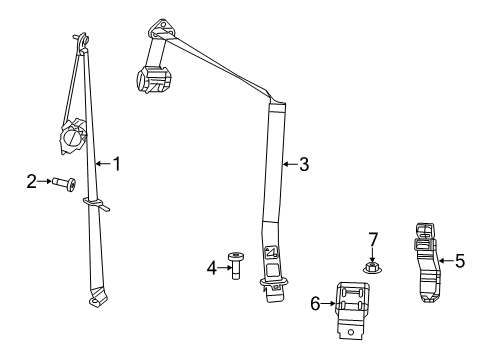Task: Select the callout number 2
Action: tap(32, 181)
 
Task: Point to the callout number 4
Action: tap(212, 267)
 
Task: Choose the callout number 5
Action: tap(459, 262)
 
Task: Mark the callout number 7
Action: tap(372, 240)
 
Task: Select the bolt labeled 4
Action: tap(236, 266)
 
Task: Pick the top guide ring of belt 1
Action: tap(80, 41)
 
